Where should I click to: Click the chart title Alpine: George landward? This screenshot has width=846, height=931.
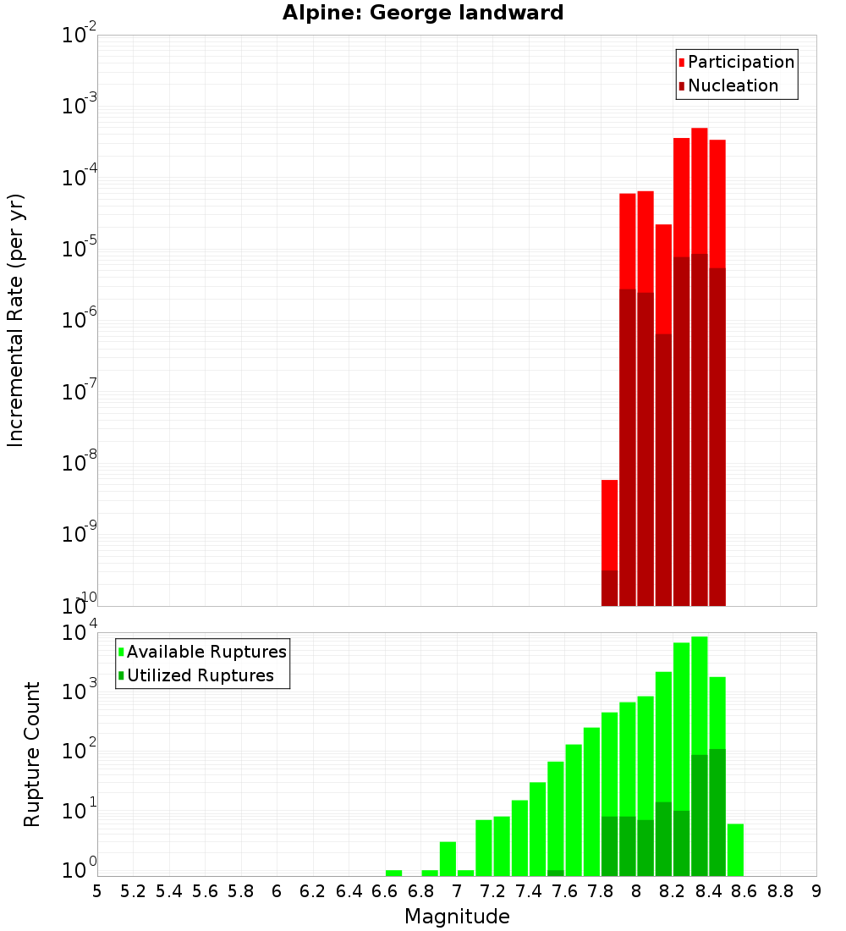422,13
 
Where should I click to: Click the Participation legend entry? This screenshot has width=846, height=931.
741,62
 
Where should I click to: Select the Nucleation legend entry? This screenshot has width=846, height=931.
733,85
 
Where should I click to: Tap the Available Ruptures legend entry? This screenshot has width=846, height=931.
206,652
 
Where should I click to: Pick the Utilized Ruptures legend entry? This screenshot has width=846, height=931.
200,675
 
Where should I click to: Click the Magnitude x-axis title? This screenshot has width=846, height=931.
457,917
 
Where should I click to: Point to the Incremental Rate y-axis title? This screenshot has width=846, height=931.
16,320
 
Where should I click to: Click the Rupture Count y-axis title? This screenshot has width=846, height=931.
32,753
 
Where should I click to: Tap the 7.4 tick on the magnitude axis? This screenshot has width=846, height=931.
529,891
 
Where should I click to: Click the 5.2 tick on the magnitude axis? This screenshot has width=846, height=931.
134,891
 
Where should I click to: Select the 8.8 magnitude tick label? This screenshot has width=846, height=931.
780,891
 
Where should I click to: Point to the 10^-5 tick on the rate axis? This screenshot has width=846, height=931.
80,249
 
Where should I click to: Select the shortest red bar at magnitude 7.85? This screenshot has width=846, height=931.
609,525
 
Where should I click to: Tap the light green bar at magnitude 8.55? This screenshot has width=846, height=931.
735,849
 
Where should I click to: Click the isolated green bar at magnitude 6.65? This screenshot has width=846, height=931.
393,873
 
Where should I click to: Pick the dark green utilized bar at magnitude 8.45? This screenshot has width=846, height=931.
717,813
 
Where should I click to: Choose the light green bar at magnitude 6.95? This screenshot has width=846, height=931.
448,858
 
